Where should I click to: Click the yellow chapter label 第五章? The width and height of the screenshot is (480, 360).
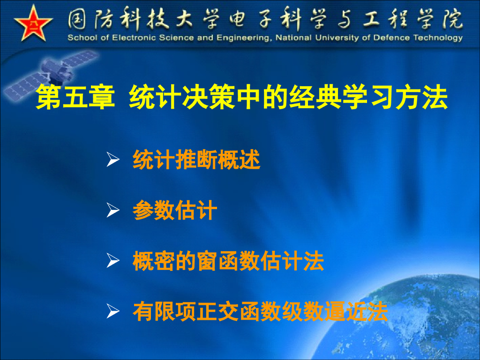point(75,97)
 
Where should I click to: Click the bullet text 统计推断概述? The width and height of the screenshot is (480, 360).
point(196,160)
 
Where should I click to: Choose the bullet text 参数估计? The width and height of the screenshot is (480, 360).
point(175,210)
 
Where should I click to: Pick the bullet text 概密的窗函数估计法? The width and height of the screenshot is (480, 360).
point(228,261)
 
